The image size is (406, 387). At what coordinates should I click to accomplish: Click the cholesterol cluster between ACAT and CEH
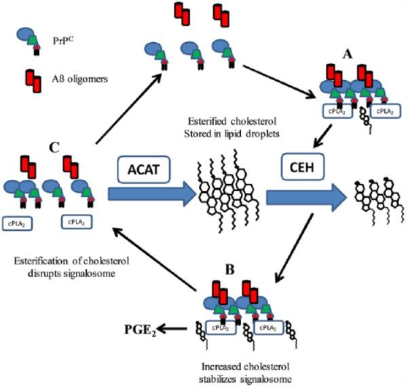click(x=217, y=197)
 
